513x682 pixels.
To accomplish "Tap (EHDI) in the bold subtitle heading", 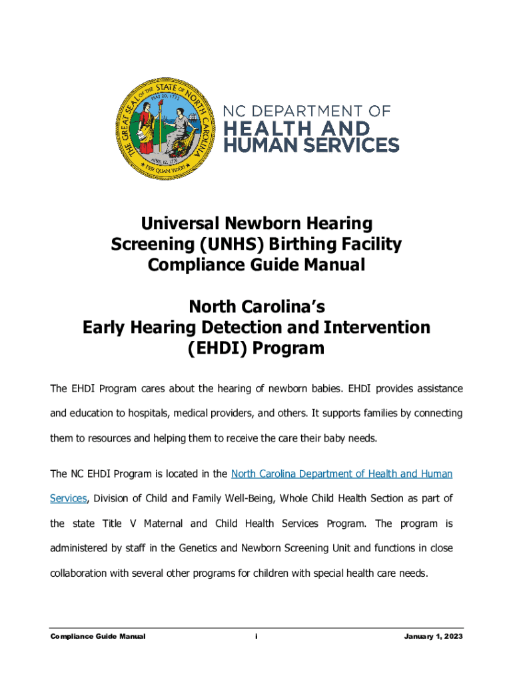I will [216, 348].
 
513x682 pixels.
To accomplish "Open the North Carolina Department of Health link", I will [341, 474].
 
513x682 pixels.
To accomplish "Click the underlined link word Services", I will [69, 498].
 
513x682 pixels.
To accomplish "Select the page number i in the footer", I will [256, 637].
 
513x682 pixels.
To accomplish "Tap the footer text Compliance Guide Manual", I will [98, 637].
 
